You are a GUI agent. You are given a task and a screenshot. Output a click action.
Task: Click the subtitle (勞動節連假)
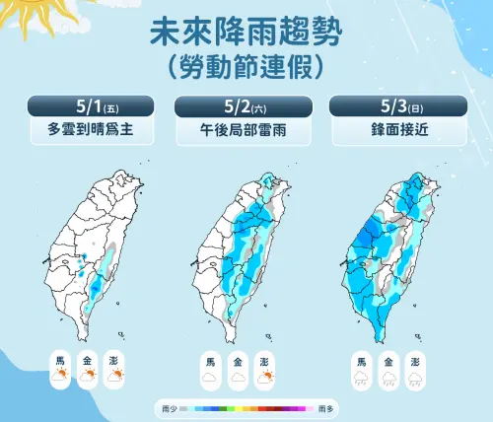tap(246, 67)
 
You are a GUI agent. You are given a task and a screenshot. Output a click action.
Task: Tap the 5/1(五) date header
tap(92, 105)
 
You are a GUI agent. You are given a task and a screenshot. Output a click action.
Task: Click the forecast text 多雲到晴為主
tap(92, 128)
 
